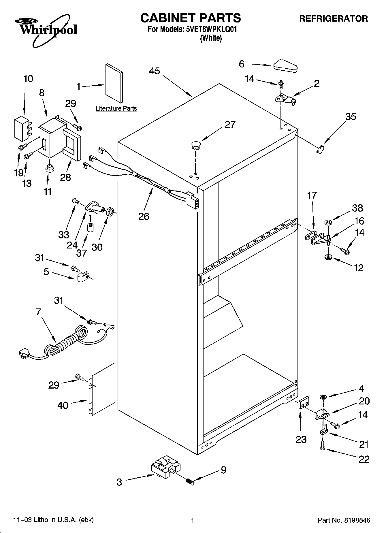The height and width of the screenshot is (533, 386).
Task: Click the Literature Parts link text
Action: [x=116, y=109]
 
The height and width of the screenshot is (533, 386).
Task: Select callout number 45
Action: [x=155, y=71]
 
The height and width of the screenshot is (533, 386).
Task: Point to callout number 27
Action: [x=230, y=125]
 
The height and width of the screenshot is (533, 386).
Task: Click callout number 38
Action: [x=357, y=208]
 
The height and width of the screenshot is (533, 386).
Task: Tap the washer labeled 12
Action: [x=328, y=257]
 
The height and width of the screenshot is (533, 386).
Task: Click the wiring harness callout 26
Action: [x=144, y=216]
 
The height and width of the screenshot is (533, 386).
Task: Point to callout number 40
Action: [x=63, y=405]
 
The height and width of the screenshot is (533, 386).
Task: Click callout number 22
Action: [x=364, y=459]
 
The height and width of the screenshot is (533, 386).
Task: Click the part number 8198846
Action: [x=357, y=520]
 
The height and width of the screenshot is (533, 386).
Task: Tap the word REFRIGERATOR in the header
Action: [x=334, y=19]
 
